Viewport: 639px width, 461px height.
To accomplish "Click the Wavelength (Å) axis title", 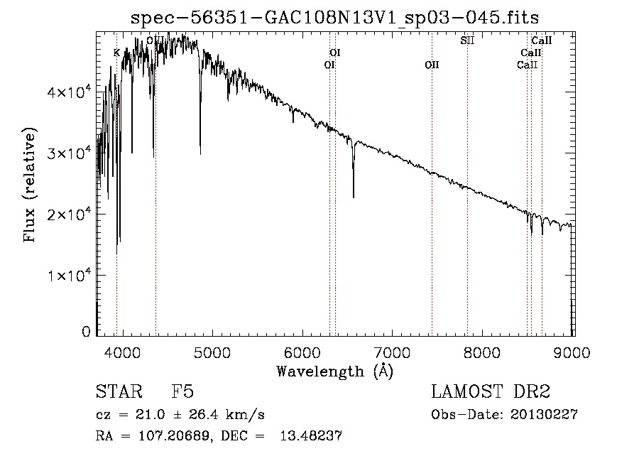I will [334, 371].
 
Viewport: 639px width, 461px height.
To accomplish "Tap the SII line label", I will [466, 40].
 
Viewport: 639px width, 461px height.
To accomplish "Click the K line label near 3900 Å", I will [116, 53].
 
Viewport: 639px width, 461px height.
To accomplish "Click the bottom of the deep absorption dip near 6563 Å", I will [354, 197].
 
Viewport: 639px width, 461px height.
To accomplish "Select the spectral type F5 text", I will [182, 392].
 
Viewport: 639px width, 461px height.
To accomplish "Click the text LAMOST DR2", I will [491, 392].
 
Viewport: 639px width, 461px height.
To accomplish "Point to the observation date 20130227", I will [543, 415].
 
